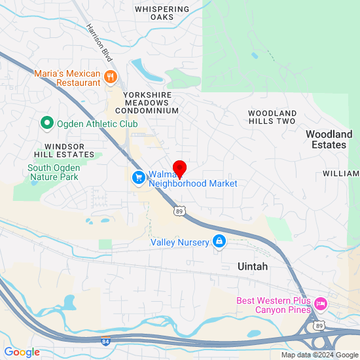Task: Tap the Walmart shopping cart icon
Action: click(138, 177)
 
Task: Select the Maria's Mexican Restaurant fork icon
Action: click(111, 77)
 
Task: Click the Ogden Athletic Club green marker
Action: click(46, 123)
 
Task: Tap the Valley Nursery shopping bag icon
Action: click(219, 242)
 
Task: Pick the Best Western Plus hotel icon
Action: click(320, 303)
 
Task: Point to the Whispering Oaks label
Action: click(162, 13)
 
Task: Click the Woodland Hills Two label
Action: click(272, 117)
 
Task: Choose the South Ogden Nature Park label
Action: click(53, 172)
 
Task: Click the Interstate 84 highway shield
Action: click(105, 340)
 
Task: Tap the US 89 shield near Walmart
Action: click(179, 211)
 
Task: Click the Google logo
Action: click(22, 352)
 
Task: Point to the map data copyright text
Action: click(319, 355)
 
